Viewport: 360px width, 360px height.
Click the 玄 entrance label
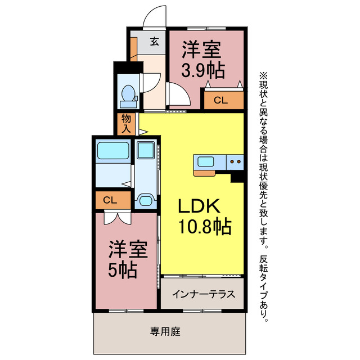pos(154,40)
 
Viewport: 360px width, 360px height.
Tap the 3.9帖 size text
pos(203,70)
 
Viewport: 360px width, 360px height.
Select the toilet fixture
pos(129,95)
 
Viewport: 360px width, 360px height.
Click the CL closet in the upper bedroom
pos(221,101)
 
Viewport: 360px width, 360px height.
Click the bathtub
pos(113,151)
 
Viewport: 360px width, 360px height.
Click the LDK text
pos(197,206)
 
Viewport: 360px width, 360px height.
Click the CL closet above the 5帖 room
pos(110,200)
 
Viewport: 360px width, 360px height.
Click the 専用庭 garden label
pos(165,332)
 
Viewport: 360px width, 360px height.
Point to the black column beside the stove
pos(237,176)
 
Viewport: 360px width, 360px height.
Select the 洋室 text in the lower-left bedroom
pos(124,249)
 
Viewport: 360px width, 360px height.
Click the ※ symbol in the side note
pos(263,75)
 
